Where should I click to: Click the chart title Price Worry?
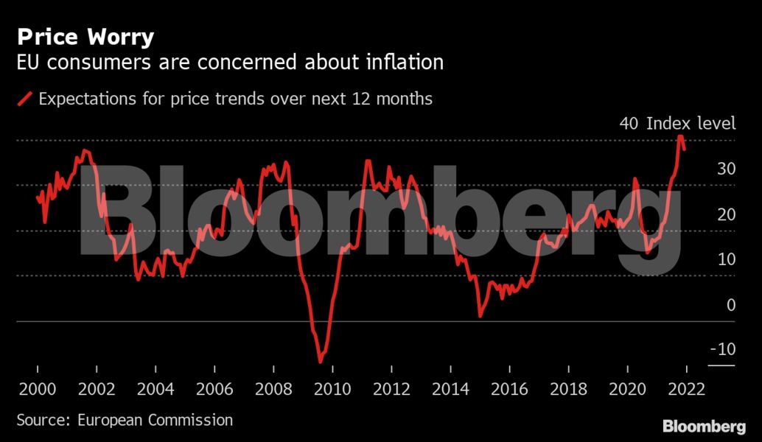point(85,37)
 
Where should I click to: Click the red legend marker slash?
point(25,99)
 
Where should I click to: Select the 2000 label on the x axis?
point(37,389)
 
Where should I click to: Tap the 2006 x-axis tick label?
point(214,389)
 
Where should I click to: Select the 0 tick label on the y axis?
point(730,304)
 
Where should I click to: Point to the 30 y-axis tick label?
point(726,169)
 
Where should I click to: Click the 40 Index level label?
point(677,123)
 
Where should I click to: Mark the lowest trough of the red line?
point(321,361)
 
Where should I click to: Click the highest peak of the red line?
point(680,137)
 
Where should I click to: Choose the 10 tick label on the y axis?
point(726,259)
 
